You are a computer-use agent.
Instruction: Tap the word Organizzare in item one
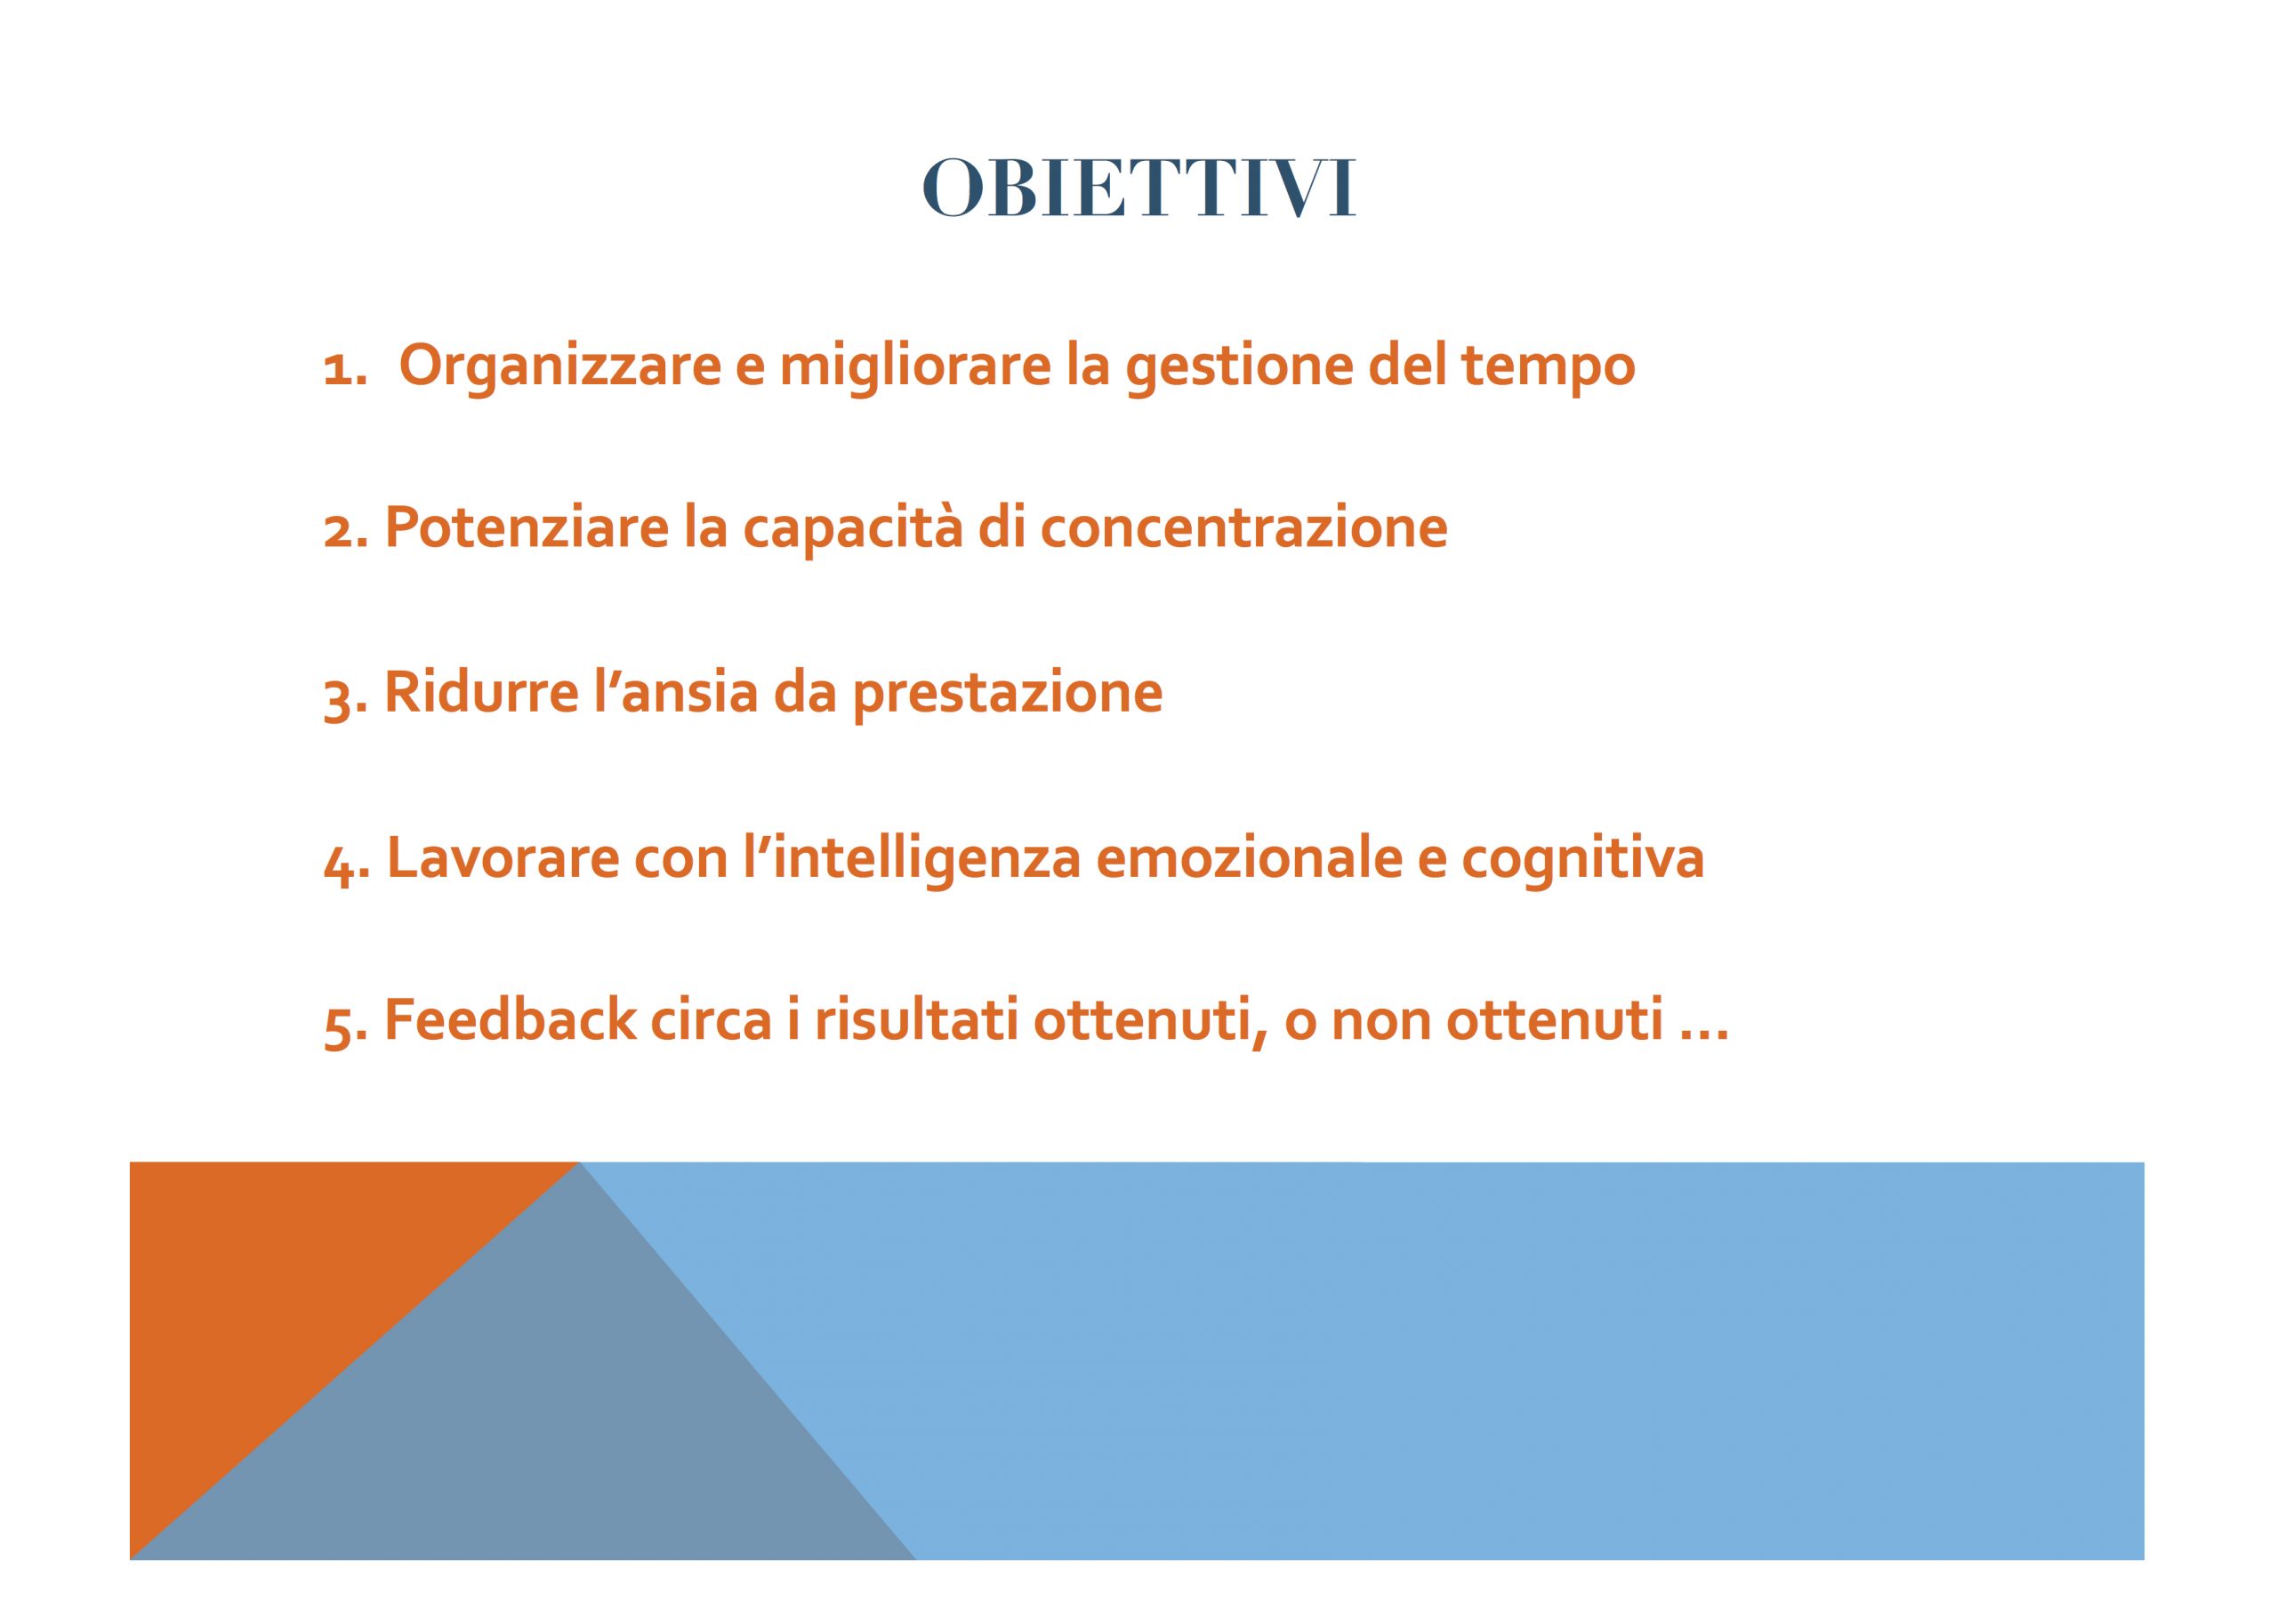[560, 367]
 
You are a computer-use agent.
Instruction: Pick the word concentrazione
[1243, 527]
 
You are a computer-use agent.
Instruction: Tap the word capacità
[853, 527]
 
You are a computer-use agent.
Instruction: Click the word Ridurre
[481, 691]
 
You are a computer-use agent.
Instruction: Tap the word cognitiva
[1583, 859]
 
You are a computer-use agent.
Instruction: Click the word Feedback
[510, 1020]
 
